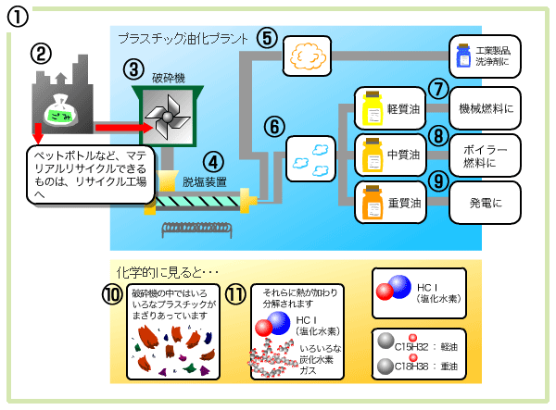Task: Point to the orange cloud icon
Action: (x=307, y=55)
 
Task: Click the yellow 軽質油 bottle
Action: (x=373, y=108)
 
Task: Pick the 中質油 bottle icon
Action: (x=373, y=154)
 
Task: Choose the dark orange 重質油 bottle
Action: (x=373, y=201)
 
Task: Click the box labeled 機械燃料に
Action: (x=486, y=108)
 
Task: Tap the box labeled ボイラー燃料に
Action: (x=486, y=155)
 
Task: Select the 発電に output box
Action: (x=486, y=202)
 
